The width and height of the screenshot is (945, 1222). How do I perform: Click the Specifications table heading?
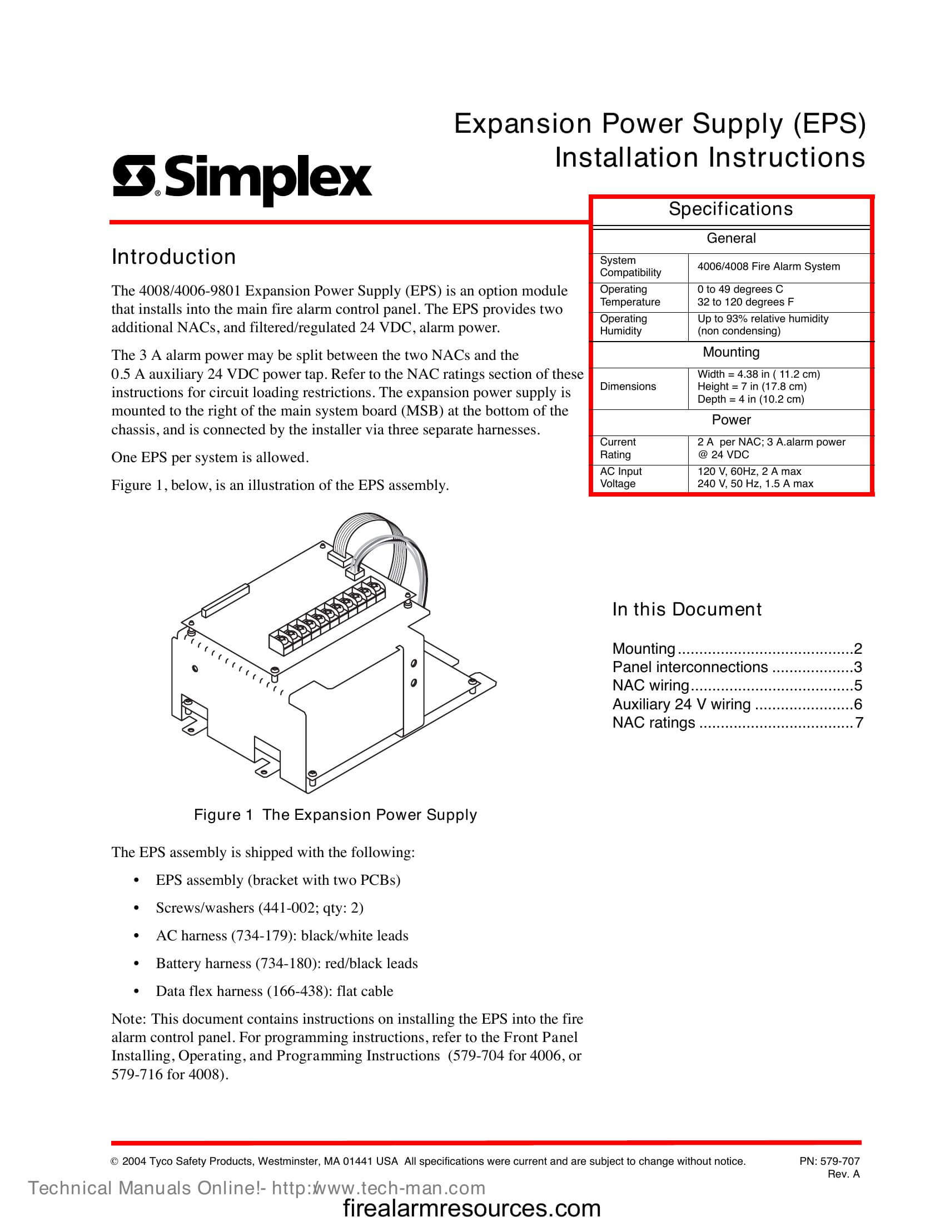tap(730, 209)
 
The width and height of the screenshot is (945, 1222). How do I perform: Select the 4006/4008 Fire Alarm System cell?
tap(768, 267)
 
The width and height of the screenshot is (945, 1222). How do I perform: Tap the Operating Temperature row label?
tap(630, 296)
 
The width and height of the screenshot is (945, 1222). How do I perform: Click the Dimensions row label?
tap(628, 387)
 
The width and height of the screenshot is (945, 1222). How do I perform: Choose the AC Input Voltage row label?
tap(621, 478)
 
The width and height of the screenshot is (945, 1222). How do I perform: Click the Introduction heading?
tap(173, 257)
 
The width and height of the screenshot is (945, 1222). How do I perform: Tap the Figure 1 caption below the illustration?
tap(335, 815)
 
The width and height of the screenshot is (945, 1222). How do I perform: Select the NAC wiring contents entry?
tap(650, 685)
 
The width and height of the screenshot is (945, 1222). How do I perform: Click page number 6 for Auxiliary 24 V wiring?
tap(858, 704)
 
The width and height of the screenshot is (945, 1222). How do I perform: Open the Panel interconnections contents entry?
tap(690, 667)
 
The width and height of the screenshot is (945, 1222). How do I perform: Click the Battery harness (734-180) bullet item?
tap(286, 964)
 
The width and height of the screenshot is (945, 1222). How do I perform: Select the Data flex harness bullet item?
tap(273, 991)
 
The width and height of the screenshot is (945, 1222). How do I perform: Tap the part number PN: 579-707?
tap(829, 1161)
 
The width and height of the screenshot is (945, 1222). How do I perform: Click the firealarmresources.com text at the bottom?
tap(471, 1209)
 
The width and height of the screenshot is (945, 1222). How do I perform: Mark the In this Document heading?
tap(687, 609)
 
